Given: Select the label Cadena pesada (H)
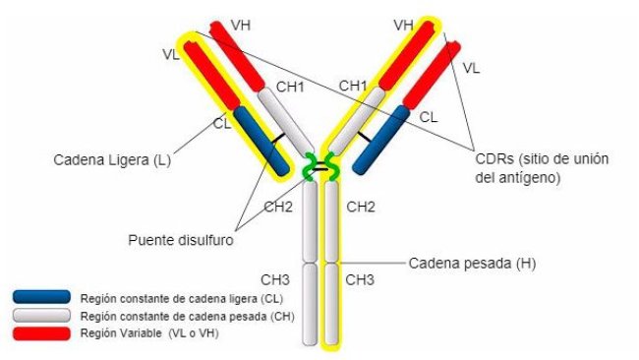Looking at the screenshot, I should tap(472, 264).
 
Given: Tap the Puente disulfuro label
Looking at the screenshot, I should tap(176, 238).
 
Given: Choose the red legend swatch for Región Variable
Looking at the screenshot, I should tap(41, 333).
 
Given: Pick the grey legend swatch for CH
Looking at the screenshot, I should tap(41, 316).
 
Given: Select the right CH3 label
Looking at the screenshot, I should tap(360, 280).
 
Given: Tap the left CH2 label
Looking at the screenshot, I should tap(278, 207).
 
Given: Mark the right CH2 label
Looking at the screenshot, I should tap(361, 207).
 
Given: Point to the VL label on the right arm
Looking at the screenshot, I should tap(471, 69).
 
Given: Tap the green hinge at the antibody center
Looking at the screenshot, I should tap(320, 169).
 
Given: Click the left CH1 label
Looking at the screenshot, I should tap(289, 88).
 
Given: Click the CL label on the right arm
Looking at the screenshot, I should tap(428, 117).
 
